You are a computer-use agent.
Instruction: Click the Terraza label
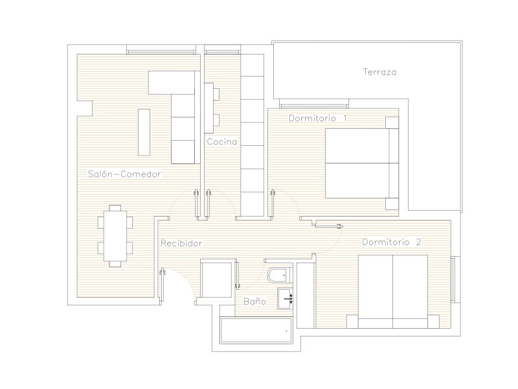click(x=379, y=72)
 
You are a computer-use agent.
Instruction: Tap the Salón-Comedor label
click(x=124, y=174)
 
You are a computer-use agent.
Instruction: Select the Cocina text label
click(x=221, y=141)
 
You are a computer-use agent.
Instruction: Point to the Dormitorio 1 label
click(x=318, y=118)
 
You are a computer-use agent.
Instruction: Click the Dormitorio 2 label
click(x=392, y=242)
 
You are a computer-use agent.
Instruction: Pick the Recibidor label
click(x=181, y=244)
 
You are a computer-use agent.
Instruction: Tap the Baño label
click(x=254, y=301)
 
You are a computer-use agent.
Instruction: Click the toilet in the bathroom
click(x=280, y=274)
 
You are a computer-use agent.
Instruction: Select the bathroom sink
click(x=285, y=299)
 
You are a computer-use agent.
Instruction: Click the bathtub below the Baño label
click(x=256, y=331)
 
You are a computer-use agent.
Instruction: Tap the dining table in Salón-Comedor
click(x=115, y=235)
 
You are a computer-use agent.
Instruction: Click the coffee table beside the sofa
click(x=144, y=132)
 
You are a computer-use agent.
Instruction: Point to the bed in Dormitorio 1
click(x=362, y=163)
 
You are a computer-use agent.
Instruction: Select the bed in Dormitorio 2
click(x=393, y=291)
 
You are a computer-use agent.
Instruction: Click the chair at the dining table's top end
click(x=115, y=208)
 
